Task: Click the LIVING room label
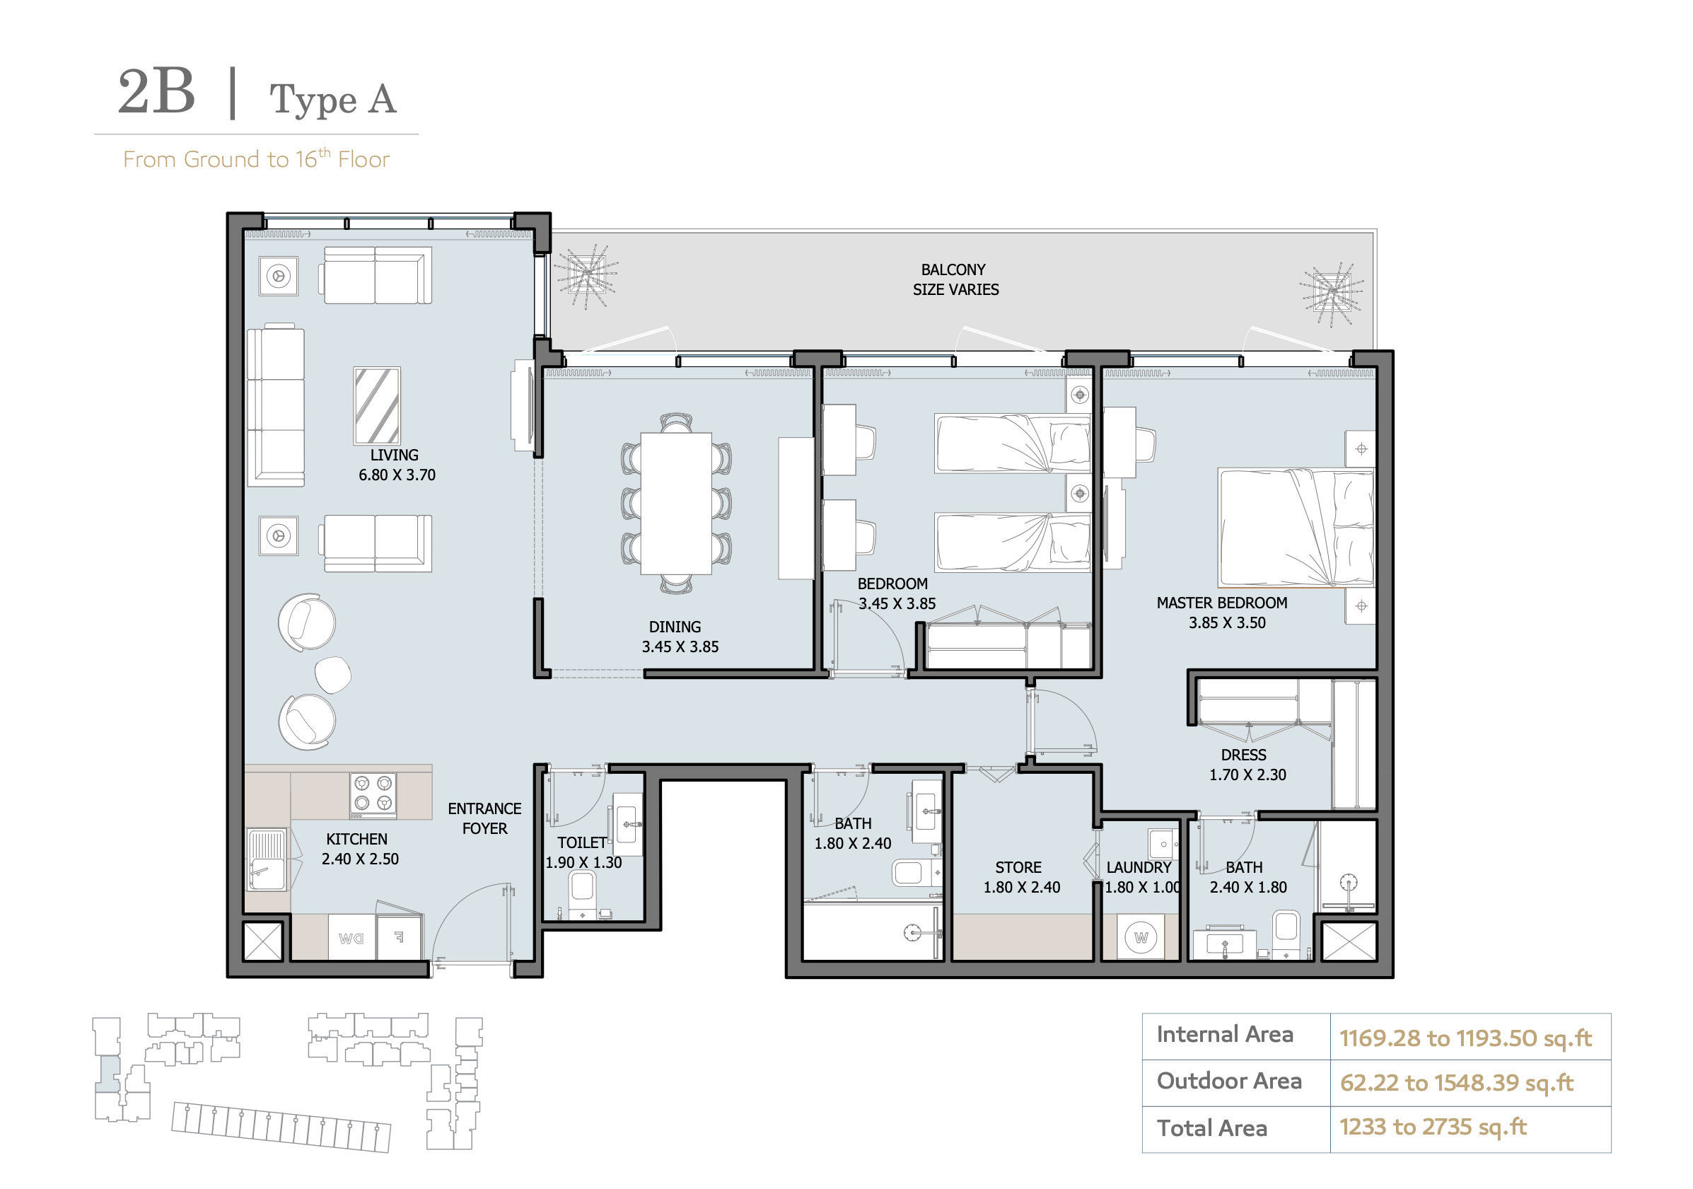click(x=394, y=455)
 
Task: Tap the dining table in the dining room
click(x=675, y=503)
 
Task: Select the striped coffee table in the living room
click(x=377, y=406)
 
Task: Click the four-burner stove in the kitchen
click(x=373, y=795)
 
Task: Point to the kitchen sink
click(x=266, y=860)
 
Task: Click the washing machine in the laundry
click(x=1141, y=937)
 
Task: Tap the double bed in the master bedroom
click(x=1296, y=528)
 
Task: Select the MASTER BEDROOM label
click(x=1222, y=603)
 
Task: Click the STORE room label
click(x=1018, y=867)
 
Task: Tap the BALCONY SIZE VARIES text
click(x=955, y=279)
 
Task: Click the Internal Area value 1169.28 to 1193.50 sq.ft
click(x=1465, y=1038)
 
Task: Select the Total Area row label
click(x=1211, y=1127)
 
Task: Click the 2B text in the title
click(x=156, y=91)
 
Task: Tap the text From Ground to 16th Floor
click(x=256, y=158)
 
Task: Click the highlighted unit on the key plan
click(x=109, y=1074)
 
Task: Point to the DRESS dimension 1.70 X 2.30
click(x=1247, y=775)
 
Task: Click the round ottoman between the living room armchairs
click(x=332, y=674)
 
